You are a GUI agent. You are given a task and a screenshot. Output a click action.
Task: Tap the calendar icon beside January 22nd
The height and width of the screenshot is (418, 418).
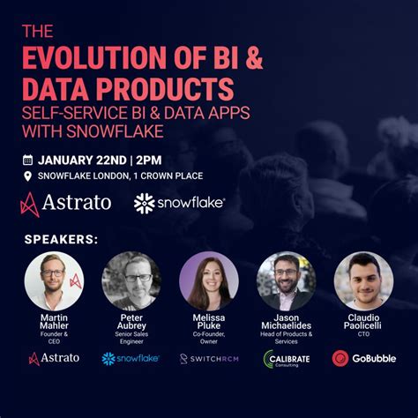[27, 160]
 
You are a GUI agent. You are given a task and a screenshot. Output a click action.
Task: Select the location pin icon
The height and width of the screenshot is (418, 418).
[27, 177]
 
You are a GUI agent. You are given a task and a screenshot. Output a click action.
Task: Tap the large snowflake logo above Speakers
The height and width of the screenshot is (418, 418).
[179, 204]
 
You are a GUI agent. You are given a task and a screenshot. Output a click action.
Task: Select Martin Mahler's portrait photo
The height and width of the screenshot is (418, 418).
[54, 280]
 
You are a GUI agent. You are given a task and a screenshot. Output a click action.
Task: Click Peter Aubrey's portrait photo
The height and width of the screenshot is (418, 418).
[131, 280]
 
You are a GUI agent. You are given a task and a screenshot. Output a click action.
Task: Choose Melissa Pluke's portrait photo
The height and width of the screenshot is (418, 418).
[209, 280]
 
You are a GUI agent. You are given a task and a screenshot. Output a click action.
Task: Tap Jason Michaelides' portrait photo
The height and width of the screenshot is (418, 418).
[287, 280]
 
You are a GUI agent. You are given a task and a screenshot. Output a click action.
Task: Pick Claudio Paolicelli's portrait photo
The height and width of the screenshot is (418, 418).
[363, 280]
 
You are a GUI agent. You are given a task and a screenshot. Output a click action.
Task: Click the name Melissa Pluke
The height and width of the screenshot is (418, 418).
[209, 322]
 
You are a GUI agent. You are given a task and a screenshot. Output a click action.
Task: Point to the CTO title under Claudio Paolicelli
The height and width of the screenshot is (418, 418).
[363, 335]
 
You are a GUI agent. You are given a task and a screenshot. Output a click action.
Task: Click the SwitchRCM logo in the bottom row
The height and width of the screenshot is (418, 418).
[209, 359]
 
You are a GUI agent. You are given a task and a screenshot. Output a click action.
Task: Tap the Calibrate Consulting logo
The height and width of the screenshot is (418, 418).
[287, 359]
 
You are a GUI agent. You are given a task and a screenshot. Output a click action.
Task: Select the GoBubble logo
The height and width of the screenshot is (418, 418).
[363, 359]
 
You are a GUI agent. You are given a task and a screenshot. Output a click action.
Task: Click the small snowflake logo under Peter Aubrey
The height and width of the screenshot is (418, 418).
[131, 359]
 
